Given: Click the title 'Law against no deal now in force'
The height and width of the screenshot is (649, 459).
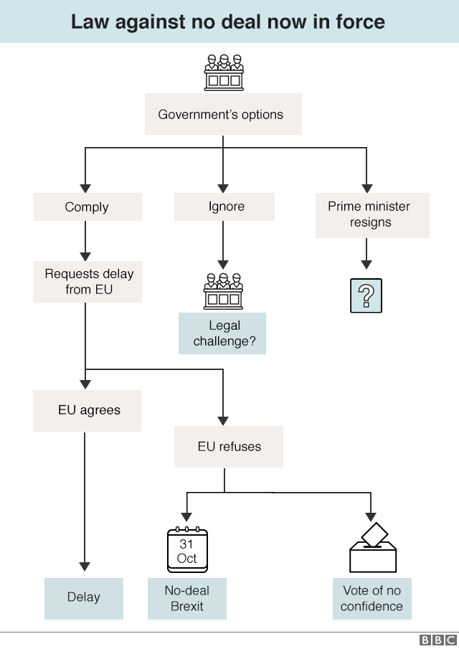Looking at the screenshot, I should point(228,22).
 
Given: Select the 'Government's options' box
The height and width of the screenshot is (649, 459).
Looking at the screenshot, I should point(223,114).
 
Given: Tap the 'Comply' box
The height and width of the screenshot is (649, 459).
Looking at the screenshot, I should point(87,207).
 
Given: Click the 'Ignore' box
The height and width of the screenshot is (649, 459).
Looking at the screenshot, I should point(224,207).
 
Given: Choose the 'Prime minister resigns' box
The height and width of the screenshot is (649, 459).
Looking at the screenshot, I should point(372,214).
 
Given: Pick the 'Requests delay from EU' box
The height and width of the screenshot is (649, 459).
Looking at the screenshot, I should point(87,281).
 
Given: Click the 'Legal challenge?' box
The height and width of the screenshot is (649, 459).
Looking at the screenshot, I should point(222,333).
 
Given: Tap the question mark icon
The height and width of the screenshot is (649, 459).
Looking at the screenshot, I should point(366,295).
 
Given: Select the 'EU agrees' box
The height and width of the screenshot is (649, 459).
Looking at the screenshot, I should point(87,411).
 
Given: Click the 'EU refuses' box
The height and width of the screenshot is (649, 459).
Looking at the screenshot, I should point(229,447).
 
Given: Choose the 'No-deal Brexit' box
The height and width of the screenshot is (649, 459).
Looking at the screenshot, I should point(186,598).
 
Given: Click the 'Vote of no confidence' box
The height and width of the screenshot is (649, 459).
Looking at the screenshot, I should point(372,598).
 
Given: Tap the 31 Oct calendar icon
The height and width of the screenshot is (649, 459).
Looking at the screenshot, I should point(187,551).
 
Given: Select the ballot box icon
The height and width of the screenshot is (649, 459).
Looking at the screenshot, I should point(373,548).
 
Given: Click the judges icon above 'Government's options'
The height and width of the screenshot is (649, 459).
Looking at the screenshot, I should point(223,72).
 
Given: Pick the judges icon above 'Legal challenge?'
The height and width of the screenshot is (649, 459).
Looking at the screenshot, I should point(223,290).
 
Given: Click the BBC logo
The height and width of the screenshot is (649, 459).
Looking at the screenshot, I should point(437,640).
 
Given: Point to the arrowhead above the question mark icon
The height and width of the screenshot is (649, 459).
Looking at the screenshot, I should point(366,265).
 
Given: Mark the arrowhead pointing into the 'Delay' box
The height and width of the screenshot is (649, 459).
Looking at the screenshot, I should point(85,566).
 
